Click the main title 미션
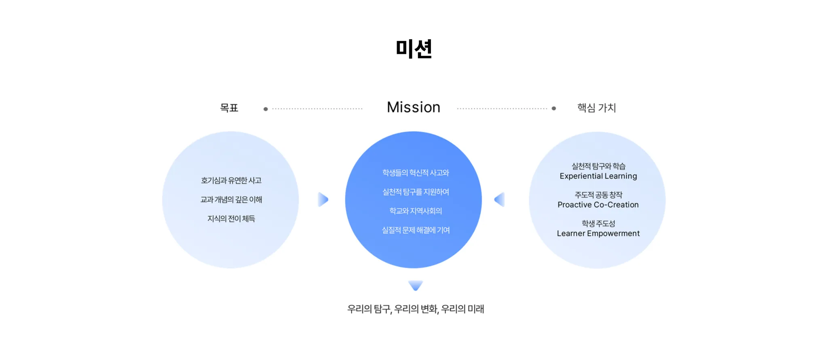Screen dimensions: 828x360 coord(414,49)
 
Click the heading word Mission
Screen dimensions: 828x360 coord(414,107)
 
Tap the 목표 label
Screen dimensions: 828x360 coord(229,108)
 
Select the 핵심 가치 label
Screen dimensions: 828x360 coord(596,108)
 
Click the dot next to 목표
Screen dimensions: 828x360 coord(266,109)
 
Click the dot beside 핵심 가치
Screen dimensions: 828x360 coord(554,108)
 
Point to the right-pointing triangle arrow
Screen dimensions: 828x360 coord(323,199)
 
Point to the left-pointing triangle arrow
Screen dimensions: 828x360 coord(500,199)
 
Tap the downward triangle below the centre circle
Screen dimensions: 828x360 coord(416,285)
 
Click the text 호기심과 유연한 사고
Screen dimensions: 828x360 coord(231,180)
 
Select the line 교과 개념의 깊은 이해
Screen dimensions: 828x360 coord(231,199)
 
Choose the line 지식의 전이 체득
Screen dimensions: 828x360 coord(231,219)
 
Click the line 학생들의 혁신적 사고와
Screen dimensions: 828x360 coord(416,173)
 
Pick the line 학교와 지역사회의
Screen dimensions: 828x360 coord(416,211)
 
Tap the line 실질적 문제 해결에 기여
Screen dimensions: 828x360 coord(416,230)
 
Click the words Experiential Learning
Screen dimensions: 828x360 coord(598,176)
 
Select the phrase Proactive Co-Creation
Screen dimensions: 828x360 coord(598,205)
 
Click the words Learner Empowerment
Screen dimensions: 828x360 coord(598,233)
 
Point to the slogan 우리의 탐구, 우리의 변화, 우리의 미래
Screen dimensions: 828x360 coord(416,309)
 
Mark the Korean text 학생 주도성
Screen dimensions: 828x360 coord(598,224)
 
